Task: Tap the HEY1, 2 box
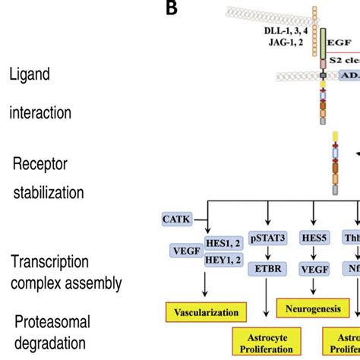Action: pos(224,260)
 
